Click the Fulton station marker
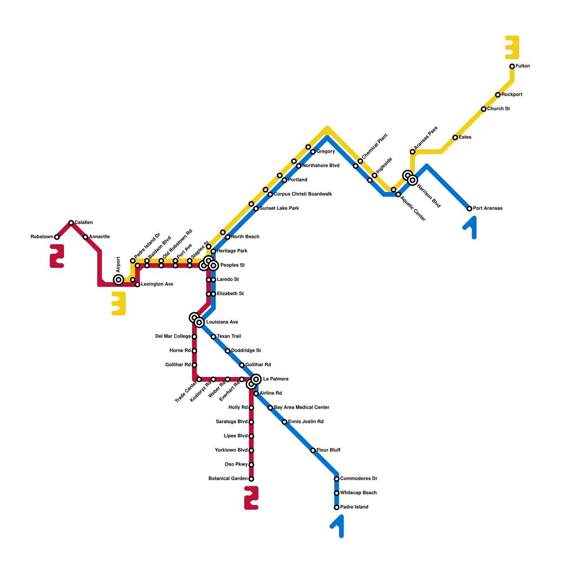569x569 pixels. click(x=512, y=66)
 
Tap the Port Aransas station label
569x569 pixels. click(x=488, y=208)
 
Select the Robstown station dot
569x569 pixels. click(x=57, y=237)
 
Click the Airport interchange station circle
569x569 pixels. click(x=119, y=280)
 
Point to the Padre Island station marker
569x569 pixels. click(x=336, y=507)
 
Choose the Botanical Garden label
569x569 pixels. click(x=228, y=479)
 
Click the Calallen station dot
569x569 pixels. click(x=71, y=223)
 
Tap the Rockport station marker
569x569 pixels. click(x=498, y=95)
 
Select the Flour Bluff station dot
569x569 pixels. click(x=313, y=451)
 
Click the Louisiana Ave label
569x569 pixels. click(x=222, y=322)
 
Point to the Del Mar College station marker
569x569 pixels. click(x=195, y=336)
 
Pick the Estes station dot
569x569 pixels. click(x=455, y=137)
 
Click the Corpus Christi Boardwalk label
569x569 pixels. click(x=303, y=194)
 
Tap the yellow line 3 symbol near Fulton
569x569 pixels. click(x=512, y=48)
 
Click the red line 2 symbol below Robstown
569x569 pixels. click(x=57, y=256)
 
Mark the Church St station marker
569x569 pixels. click(x=483, y=109)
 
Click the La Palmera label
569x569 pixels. click(x=276, y=379)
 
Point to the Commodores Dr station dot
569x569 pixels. click(x=336, y=479)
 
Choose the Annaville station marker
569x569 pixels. click(x=85, y=237)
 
